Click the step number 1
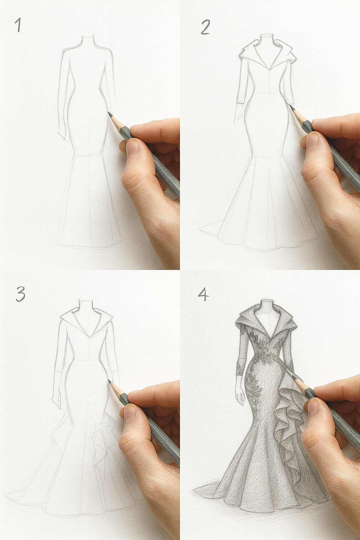coord(18,25)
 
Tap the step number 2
coord(205,27)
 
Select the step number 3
coord(20,294)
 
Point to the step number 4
coord(203,294)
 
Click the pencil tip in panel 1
coord(109,113)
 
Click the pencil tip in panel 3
coord(109,381)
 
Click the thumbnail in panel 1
coord(133,147)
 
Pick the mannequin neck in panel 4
coord(267,306)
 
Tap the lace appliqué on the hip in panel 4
coord(255,387)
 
